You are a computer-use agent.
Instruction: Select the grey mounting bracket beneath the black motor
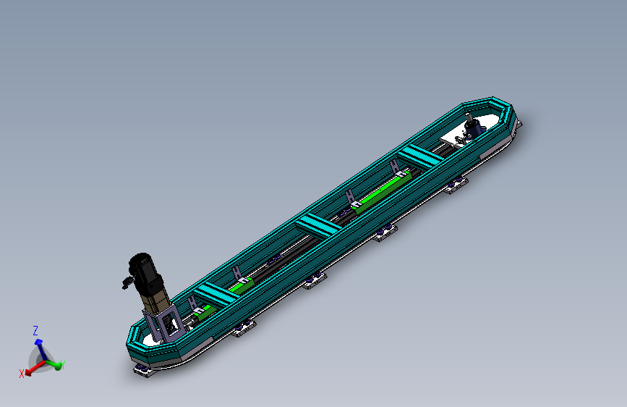[168, 324]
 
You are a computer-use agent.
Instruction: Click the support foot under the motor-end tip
[141, 370]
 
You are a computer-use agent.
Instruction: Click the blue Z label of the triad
[35, 330]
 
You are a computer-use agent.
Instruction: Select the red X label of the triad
[22, 374]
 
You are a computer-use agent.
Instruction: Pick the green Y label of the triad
[62, 365]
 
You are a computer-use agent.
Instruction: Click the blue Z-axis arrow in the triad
[39, 345]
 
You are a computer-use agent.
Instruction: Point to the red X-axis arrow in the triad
[31, 369]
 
